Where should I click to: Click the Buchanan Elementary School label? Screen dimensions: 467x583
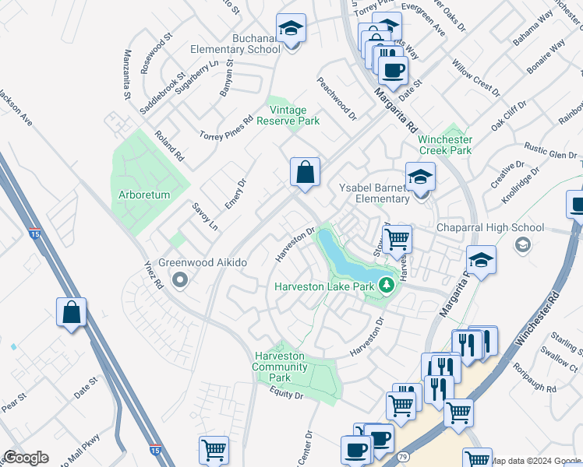coord(235,44)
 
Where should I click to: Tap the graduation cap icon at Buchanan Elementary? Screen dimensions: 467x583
coord(291,30)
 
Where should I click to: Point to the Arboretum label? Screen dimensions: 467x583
coord(144,195)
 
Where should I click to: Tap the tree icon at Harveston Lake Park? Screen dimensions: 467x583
coord(385,286)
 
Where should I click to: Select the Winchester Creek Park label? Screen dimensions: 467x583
coord(445,144)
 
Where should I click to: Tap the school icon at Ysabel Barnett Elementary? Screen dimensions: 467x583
coord(420,177)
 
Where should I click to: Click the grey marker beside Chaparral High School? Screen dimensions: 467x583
coord(521,244)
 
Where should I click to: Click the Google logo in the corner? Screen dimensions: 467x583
coord(26,458)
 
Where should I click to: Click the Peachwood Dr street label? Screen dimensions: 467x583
coord(336,100)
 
